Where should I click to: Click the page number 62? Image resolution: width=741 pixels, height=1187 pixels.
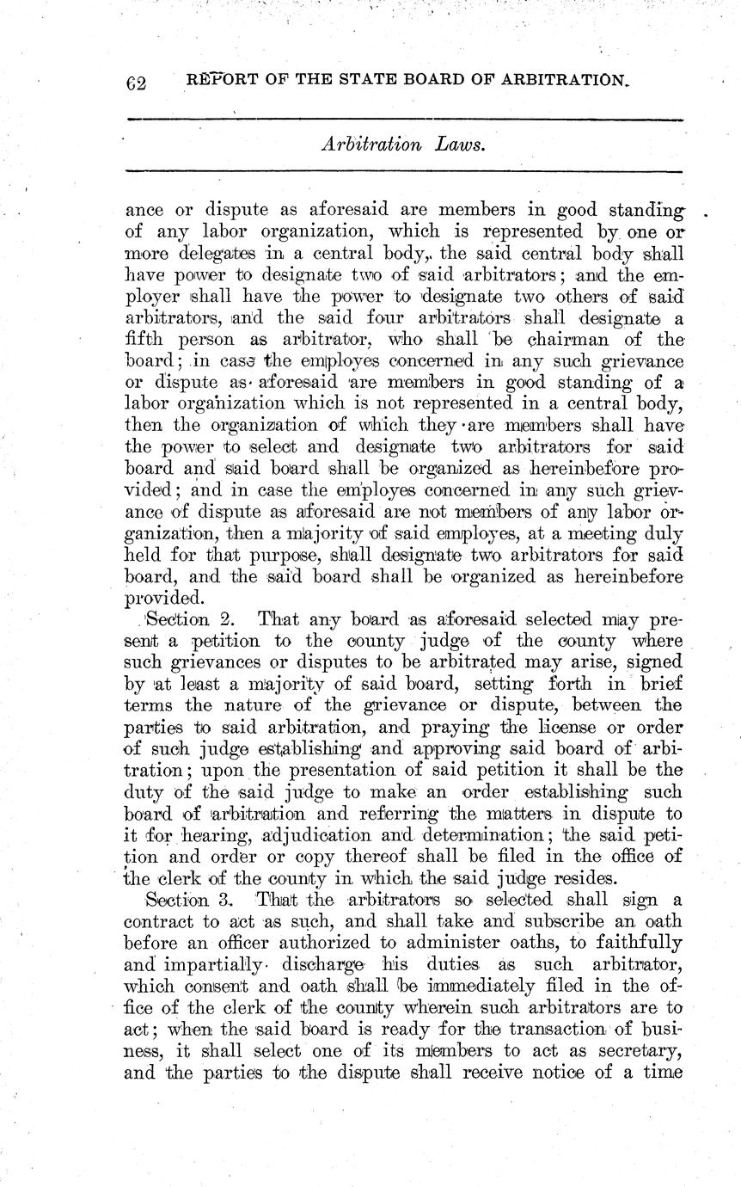(x=137, y=83)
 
